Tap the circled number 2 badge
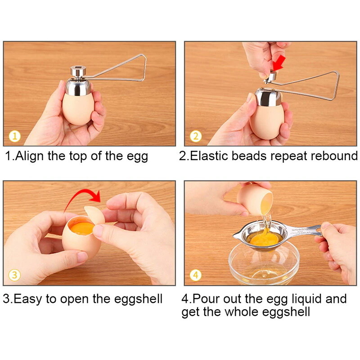(x=196, y=136)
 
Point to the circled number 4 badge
(x=196, y=274)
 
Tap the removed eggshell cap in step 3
(x=95, y=216)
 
